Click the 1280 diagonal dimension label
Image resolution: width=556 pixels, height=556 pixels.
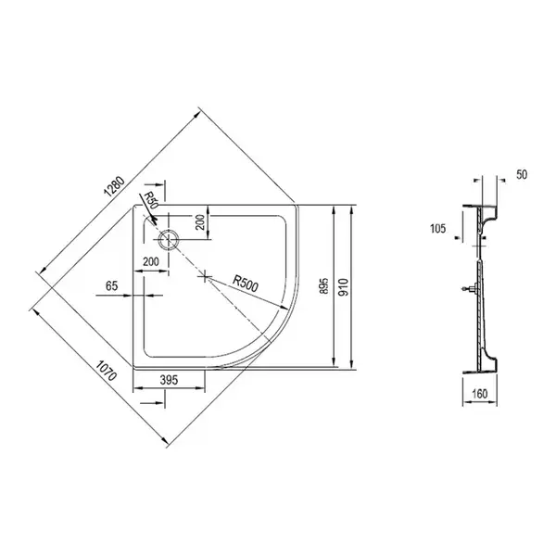pos(114,186)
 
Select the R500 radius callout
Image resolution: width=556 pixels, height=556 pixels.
pos(246,284)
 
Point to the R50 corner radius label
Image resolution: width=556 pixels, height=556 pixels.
pos(150,200)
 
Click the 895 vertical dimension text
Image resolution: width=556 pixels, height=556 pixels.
pos(324,286)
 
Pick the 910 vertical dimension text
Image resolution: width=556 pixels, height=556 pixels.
pos(344,287)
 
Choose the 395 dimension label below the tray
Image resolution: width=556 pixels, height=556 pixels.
pos(169,380)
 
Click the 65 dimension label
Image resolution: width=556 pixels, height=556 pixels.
pos(112,285)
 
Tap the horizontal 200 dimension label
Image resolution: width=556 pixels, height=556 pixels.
pos(151,261)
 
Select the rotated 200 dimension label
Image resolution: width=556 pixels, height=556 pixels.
pos(201,222)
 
